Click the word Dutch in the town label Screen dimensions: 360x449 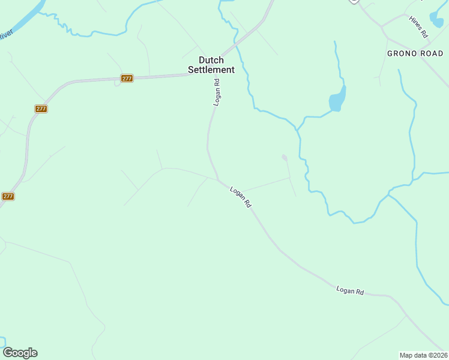pos(211,60)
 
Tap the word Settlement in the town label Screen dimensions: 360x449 pos(211,70)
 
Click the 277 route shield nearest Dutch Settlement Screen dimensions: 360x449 pos(127,79)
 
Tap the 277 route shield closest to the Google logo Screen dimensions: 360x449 pos(8,196)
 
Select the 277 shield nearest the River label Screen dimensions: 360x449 pos(41,109)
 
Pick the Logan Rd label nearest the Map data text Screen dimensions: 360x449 pos(350,291)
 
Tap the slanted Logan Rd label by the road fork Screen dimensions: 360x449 pos(240,196)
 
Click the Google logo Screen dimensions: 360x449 pos(20,353)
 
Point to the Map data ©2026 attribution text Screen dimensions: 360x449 pos(423,355)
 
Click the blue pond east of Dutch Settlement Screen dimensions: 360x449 pos(337,100)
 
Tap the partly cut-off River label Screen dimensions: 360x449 pos(5,35)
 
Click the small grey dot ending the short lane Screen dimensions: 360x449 pos(285,158)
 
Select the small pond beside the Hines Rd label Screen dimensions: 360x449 pos(437,20)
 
